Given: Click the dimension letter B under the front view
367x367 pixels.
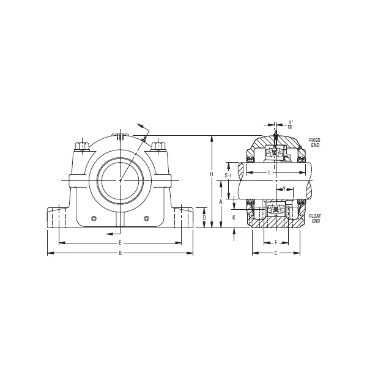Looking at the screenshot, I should point(120,253).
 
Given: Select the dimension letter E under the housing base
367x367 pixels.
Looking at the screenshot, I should point(120,243).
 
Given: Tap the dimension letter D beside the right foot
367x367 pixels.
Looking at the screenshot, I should point(204,218).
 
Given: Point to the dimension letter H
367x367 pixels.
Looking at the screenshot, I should point(212,174).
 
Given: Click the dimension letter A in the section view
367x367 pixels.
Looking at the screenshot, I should point(220,201).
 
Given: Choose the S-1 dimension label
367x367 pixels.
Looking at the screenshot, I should point(228,176).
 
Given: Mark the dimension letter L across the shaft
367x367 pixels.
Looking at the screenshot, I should point(270,173).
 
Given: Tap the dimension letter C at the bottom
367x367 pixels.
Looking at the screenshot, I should point(276,253).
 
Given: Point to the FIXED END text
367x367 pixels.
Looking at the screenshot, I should point(314,142).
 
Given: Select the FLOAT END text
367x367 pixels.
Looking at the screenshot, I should point(315,218).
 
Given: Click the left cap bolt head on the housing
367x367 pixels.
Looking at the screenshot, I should point(81,147).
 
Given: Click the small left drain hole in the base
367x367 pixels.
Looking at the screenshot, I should point(94,219).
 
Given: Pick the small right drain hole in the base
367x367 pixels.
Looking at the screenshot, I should point(147,219).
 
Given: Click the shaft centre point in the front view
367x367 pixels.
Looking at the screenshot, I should point(120,180).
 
